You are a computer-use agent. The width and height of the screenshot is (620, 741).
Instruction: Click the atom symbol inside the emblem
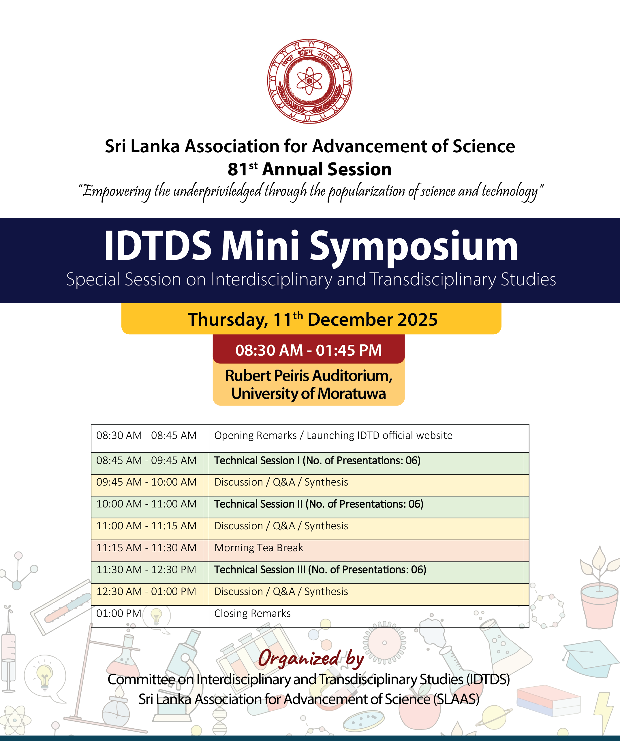coord(309,81)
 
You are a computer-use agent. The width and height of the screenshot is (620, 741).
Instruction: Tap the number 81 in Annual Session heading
coord(237,169)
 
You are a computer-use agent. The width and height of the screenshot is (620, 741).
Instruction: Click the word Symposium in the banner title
coord(413,246)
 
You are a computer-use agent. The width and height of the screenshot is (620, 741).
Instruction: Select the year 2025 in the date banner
coord(418,320)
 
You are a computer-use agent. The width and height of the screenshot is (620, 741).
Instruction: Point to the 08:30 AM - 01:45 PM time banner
coord(308,350)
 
